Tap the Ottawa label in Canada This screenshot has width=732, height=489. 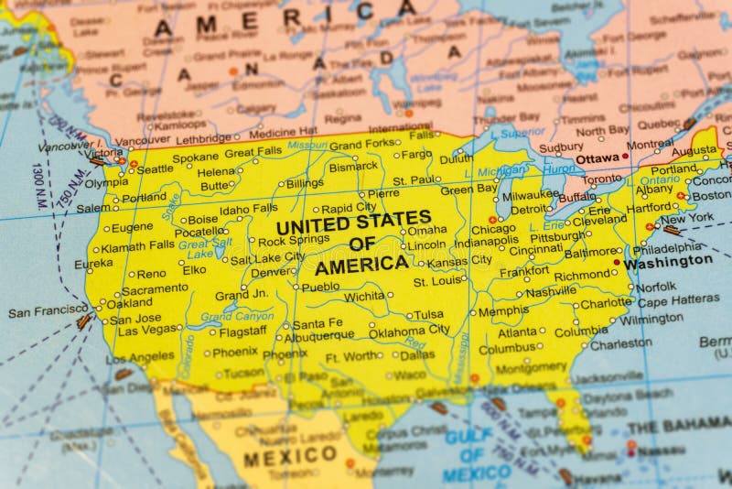tap(597, 159)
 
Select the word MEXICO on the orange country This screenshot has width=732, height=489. tap(290, 455)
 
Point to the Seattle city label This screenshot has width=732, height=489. tap(155, 169)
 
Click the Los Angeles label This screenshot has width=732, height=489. tap(139, 357)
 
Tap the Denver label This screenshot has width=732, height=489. tap(273, 272)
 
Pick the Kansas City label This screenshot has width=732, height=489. tap(459, 261)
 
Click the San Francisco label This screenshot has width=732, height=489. tap(48, 311)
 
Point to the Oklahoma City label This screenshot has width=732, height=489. tap(409, 330)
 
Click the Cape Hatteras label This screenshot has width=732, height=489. tap(678, 300)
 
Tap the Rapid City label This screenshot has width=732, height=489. tap(348, 208)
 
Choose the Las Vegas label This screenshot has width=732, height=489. tap(148, 331)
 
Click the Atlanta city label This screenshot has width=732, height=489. tap(517, 332)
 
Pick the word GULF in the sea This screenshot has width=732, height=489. tap(468, 437)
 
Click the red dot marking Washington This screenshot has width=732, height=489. tap(617, 262)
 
